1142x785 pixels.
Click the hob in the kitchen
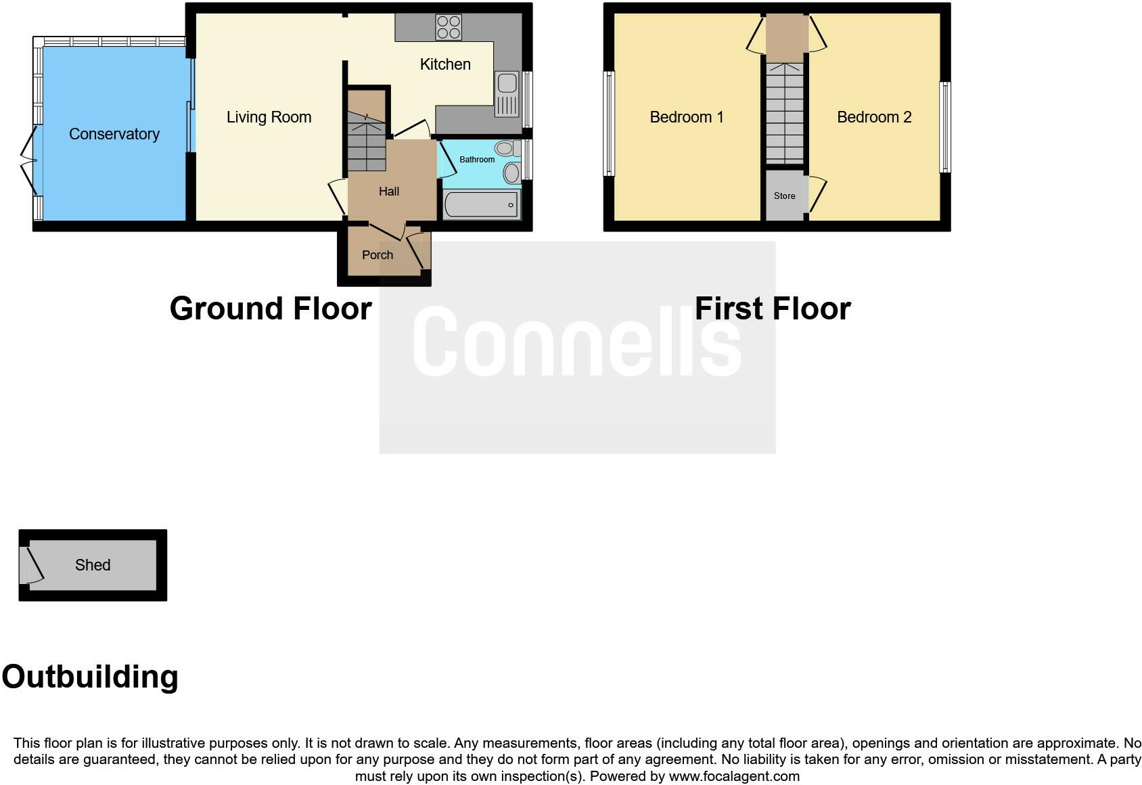449,28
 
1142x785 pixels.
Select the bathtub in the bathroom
481,204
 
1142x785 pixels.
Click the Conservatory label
114,134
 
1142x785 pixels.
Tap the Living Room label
269,117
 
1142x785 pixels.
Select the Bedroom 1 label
686,117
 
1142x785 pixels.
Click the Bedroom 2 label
873,117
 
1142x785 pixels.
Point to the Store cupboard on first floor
784,196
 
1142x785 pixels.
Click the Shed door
31,566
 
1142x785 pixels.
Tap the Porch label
377,255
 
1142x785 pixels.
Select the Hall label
388,192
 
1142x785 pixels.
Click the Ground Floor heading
271,309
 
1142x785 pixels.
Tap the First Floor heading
772,309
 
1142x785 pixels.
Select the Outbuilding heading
90,677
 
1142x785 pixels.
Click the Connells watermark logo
576,342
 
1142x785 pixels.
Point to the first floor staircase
784,112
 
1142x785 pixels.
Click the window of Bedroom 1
609,124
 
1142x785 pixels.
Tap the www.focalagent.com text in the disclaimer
734,776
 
